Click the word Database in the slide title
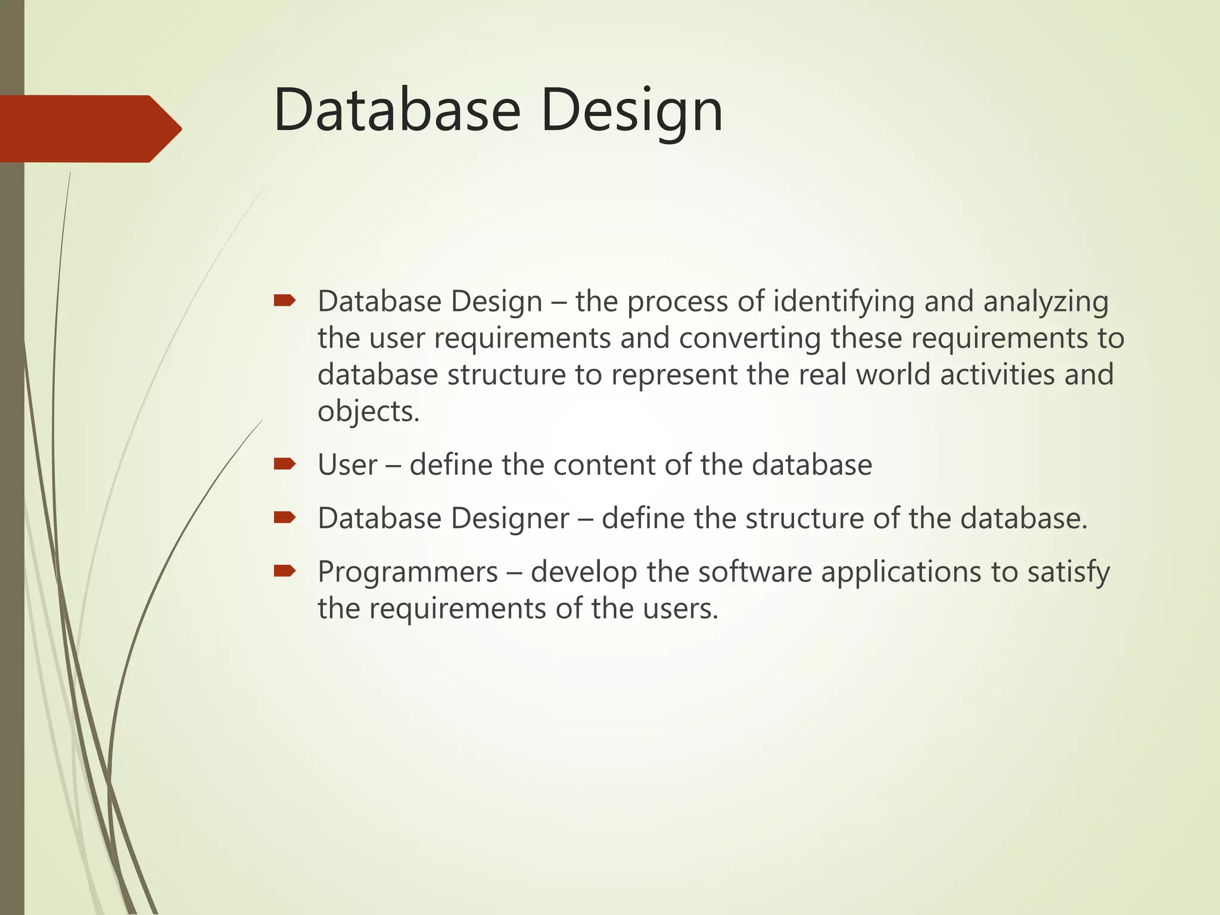[397, 110]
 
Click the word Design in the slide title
[632, 110]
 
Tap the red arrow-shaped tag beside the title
[89, 129]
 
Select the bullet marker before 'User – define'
[285, 463]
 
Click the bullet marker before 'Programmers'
[285, 571]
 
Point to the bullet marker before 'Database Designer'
[285, 517]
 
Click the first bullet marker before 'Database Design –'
[285, 300]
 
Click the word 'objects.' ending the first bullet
[369, 412]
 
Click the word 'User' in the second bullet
[347, 465]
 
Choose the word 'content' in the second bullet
[604, 465]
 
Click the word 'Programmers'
[407, 572]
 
